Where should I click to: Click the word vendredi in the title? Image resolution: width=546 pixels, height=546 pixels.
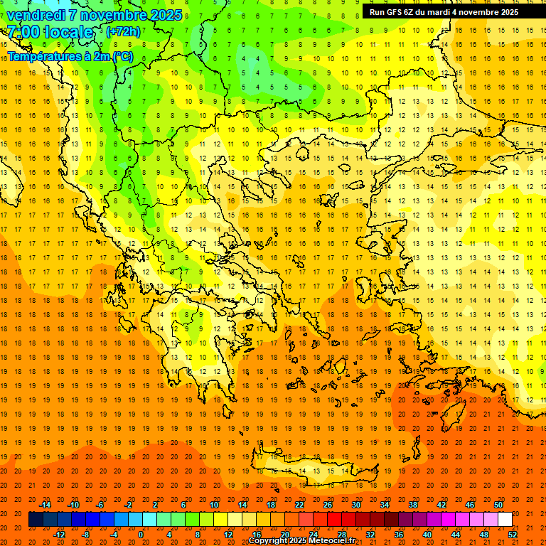[x=37, y=15]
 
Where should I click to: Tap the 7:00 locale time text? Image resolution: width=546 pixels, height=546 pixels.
[x=50, y=32]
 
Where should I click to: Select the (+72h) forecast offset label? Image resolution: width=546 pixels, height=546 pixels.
[x=123, y=32]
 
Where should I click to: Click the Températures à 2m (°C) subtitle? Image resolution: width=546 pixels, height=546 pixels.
[x=70, y=55]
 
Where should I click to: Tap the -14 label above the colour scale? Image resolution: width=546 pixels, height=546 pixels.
[x=45, y=505]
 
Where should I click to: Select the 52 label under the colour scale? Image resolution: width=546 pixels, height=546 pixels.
[x=513, y=535]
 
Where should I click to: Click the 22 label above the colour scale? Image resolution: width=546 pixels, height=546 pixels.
[x=299, y=505]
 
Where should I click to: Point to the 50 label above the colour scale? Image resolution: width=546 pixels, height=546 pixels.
[x=498, y=505]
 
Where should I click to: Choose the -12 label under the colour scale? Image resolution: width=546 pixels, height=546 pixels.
[x=60, y=535]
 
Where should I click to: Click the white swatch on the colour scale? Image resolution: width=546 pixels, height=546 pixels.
[x=505, y=520]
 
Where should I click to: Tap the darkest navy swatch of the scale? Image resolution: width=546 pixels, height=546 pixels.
[x=36, y=520]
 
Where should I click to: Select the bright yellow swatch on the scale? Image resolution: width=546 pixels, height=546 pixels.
[x=220, y=520]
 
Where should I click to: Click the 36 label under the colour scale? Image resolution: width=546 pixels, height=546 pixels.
[x=400, y=535]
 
